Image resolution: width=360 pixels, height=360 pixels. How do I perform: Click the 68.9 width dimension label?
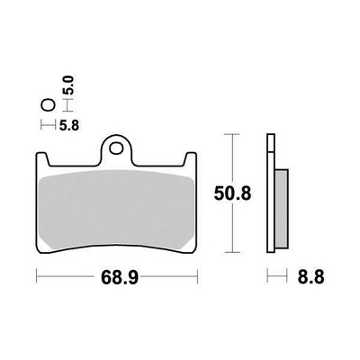click(x=120, y=277)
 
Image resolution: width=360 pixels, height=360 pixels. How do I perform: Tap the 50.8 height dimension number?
click(x=232, y=193)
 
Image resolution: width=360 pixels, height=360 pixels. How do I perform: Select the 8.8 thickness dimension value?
click(x=311, y=277)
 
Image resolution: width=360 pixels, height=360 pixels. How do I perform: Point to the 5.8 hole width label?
click(x=69, y=125)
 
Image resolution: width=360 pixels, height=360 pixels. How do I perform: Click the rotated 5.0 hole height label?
click(x=68, y=85)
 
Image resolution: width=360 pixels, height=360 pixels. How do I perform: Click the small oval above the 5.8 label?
click(x=48, y=105)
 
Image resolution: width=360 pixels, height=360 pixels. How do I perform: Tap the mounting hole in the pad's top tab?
click(x=116, y=148)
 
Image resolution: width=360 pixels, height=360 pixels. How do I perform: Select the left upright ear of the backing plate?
click(x=42, y=159)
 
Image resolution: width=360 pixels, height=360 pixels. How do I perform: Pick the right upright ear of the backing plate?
click(x=190, y=159)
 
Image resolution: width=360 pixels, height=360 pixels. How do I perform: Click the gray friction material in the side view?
click(x=282, y=209)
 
